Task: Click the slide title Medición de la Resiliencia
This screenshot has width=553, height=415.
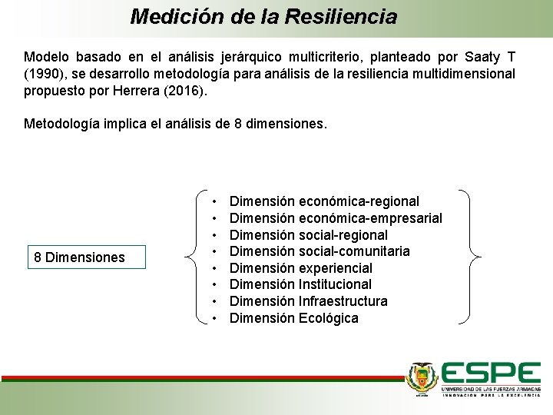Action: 263,16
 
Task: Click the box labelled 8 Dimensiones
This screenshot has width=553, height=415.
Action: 85,257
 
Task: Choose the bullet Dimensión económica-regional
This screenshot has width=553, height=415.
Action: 324,201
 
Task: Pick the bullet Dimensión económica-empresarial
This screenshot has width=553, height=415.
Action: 336,218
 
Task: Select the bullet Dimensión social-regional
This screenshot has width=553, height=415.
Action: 309,235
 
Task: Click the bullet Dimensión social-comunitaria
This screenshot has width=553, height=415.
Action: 320,251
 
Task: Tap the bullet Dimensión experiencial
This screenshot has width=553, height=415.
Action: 301,268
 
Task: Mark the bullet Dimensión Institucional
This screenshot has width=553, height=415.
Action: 301,284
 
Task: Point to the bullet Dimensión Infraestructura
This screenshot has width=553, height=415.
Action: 309,301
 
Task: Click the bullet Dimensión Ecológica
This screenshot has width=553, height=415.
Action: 294,318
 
